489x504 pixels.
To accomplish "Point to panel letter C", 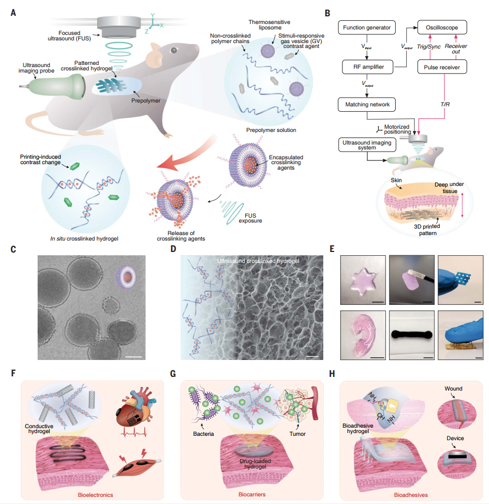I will pyautogui.click(x=13, y=249).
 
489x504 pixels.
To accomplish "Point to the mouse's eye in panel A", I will pyautogui.click(x=173, y=51).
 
